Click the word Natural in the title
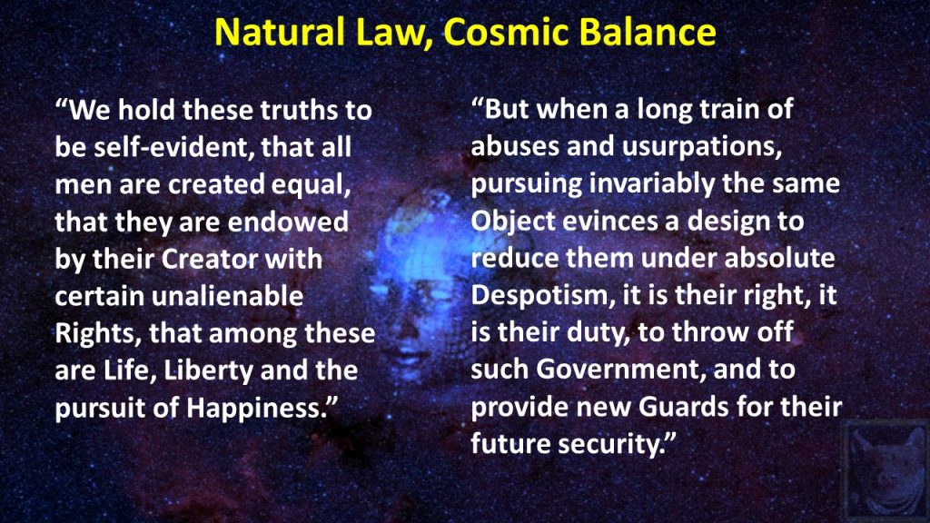(x=280, y=32)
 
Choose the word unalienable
(x=227, y=296)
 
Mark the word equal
(x=311, y=185)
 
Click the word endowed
(x=288, y=222)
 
